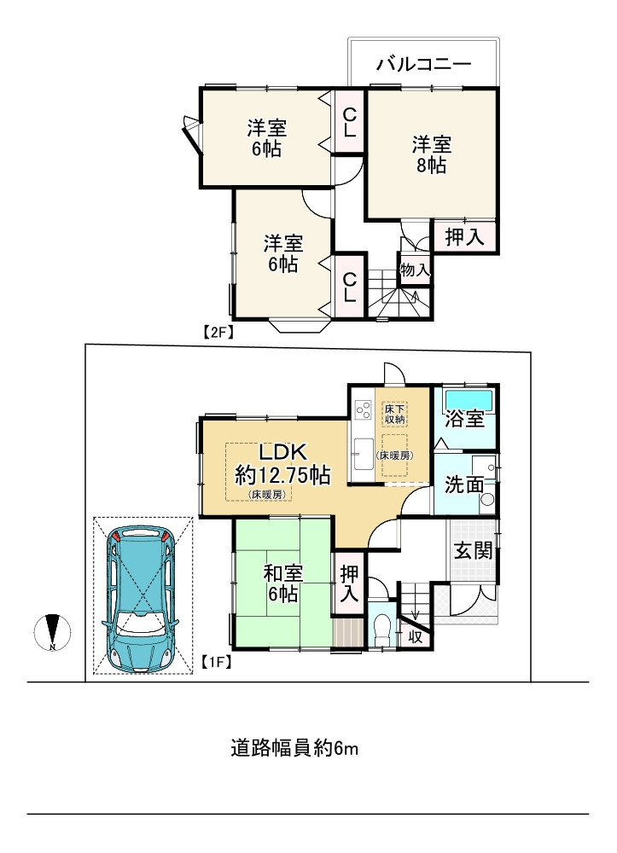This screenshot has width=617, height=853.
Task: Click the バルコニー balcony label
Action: tap(423, 64)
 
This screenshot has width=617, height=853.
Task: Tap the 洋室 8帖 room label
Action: tap(431, 154)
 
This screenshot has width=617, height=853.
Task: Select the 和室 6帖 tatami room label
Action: tap(281, 584)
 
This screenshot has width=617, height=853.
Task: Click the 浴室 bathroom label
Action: tap(465, 420)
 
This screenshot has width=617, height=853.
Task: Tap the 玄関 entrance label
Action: tap(472, 550)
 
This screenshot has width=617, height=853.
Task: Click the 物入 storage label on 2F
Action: tap(415, 270)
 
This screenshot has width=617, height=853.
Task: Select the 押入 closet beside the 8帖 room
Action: tap(465, 237)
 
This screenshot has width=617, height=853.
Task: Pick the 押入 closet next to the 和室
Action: tap(348, 584)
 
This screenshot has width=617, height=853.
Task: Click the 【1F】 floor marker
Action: tap(218, 659)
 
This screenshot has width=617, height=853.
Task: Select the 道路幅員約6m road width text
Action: tap(294, 749)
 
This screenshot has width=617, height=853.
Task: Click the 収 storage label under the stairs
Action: tap(416, 635)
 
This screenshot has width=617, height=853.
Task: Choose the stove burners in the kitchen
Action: tap(362, 412)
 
